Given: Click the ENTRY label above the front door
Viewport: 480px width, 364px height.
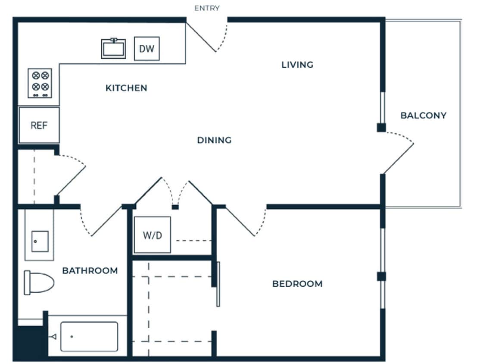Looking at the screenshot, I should coord(207,8).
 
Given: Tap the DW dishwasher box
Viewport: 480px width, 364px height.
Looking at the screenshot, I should coord(146,48).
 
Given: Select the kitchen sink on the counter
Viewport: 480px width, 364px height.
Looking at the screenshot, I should coord(114,48).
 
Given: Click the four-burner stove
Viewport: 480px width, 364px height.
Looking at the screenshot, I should coord(40,82).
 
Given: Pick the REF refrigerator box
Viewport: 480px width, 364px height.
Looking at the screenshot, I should coord(39,126).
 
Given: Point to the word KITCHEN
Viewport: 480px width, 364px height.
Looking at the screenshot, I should coord(126,88).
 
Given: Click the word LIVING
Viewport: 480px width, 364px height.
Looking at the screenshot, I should coord(297,65).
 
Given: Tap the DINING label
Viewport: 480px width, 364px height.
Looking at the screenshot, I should coord(214,140).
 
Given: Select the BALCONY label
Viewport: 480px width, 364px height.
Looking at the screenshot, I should coord(423,116).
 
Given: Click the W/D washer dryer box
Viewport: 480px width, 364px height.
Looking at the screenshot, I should coord(152,235).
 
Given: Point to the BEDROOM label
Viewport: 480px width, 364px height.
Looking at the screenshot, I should coord(297,284).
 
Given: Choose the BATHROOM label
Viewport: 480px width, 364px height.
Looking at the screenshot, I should coord(90,271).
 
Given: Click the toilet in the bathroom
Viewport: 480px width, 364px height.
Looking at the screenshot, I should coord(39,283).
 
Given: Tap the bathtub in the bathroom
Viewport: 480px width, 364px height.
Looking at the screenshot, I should coord(89,336).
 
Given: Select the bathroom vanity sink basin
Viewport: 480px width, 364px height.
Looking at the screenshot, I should coord(40,241).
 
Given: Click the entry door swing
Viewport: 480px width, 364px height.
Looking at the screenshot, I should coord(211,37).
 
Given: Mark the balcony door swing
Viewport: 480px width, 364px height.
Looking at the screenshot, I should coord(399,153).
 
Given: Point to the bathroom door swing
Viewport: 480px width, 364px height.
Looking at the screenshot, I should coord(101,222).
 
